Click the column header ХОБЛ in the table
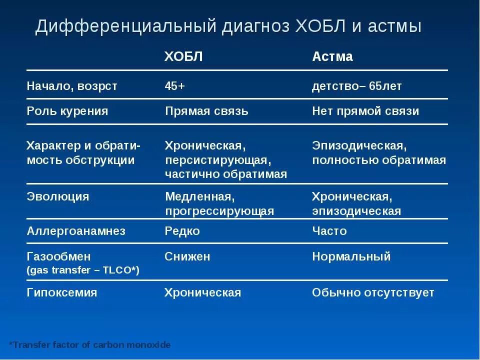(183, 56)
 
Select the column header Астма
(332, 56)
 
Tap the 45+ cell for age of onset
(174, 86)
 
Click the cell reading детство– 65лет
(356, 86)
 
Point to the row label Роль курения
(67, 111)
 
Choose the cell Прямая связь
(206, 111)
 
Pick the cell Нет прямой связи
(365, 111)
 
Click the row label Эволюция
(57, 196)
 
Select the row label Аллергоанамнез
(75, 231)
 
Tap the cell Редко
(182, 231)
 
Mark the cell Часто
(329, 231)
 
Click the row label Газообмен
(58, 257)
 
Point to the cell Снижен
(187, 257)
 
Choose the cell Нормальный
(351, 257)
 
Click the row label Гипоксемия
(61, 292)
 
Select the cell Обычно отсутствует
(373, 292)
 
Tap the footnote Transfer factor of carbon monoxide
(90, 345)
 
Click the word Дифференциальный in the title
(125, 26)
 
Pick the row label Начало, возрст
(71, 86)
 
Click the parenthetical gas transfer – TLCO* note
(82, 270)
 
